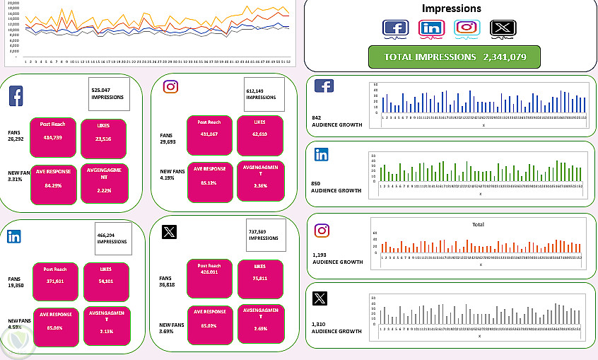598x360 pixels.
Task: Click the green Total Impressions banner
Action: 455,57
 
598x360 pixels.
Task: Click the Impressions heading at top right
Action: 451,9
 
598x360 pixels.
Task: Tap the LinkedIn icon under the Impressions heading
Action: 430,28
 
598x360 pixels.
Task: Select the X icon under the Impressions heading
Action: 503,28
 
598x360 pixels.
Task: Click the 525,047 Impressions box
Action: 108,95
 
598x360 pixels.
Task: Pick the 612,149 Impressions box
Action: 264,95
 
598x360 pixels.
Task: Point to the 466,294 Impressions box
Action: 113,238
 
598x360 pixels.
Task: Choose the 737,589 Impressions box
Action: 266,234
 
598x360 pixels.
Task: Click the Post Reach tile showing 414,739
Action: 53,132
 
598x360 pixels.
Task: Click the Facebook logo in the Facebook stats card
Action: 16,95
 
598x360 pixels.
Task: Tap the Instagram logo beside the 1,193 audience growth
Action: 322,231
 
